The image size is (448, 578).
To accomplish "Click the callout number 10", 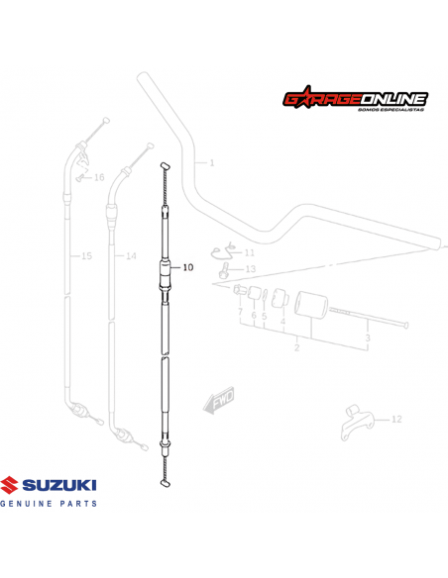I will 188,267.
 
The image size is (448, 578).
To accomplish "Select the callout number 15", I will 86,256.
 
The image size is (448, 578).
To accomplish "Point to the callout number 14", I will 130,256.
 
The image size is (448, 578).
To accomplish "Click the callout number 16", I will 99,178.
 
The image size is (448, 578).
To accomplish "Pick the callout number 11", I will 249,253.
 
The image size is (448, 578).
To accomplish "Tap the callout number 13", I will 250,269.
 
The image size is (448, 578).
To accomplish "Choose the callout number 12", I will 396,420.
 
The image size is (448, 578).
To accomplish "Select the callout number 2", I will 296,348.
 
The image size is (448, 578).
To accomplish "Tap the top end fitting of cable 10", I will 166,165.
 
